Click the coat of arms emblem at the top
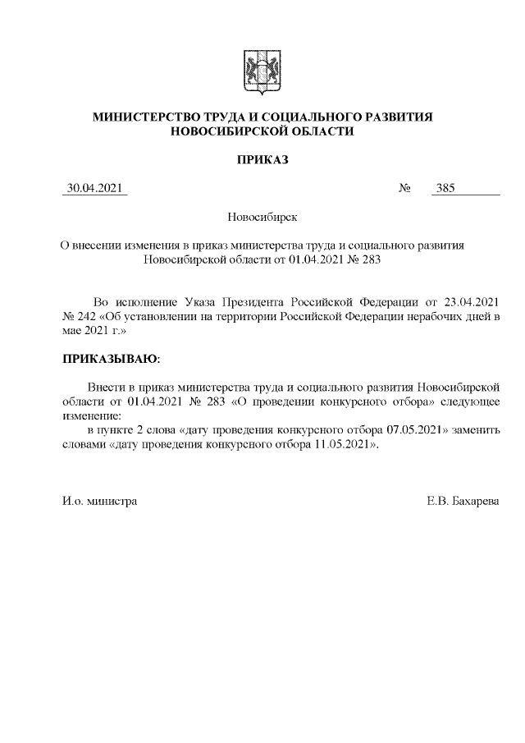click(x=262, y=72)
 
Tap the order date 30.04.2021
click(x=95, y=188)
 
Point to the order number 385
click(x=446, y=188)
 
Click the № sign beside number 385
click(x=404, y=188)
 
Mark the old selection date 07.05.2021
click(x=416, y=429)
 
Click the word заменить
click(x=477, y=429)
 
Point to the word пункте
click(x=119, y=429)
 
